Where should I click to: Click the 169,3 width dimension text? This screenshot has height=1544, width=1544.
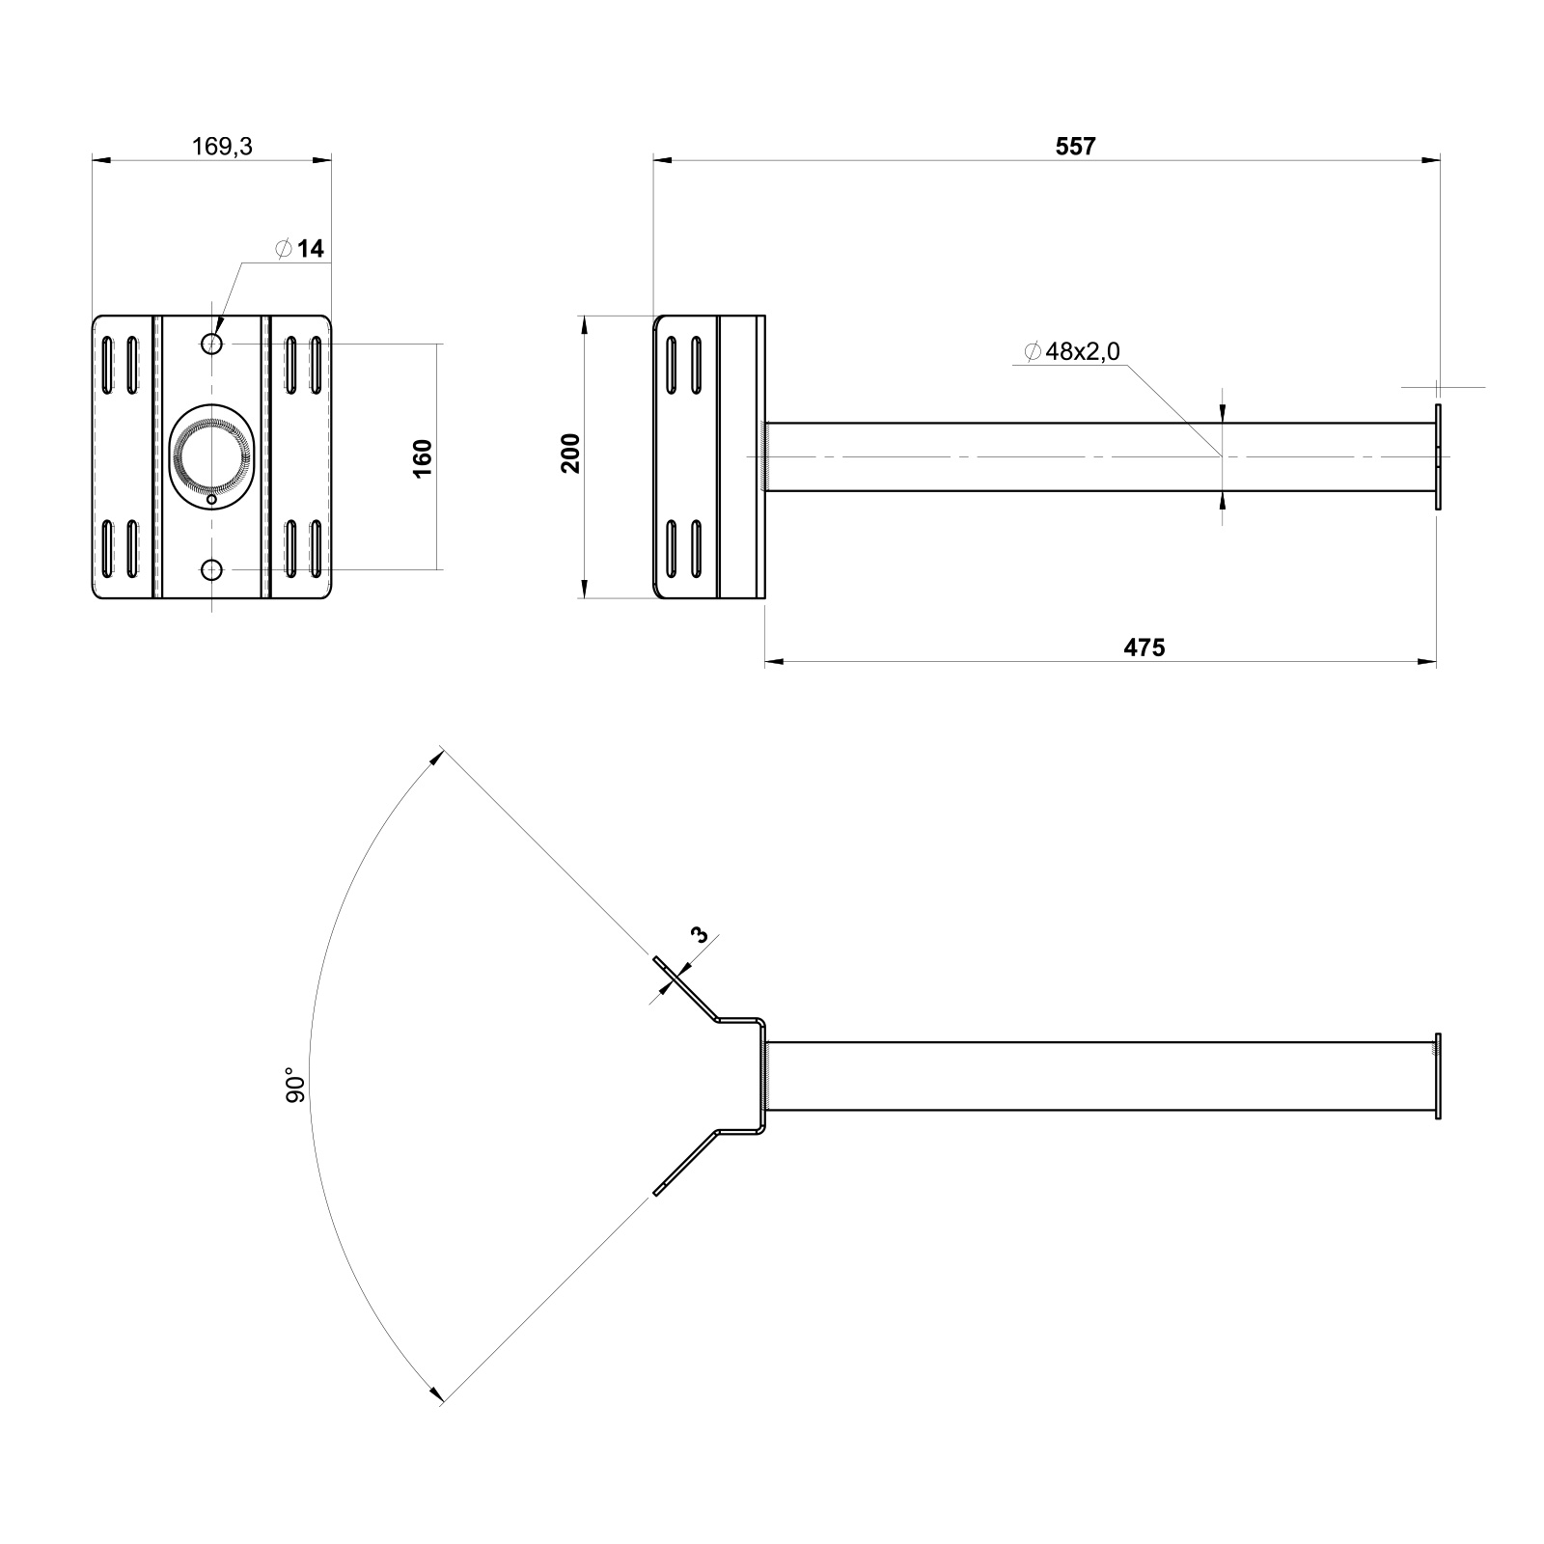point(223,147)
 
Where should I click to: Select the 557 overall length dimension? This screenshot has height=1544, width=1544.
point(1076,146)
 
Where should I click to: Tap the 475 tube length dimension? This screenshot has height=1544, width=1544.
point(1144,648)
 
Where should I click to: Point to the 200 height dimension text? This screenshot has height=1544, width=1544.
point(570,454)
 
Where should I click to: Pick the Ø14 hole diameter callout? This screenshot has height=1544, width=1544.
point(299,249)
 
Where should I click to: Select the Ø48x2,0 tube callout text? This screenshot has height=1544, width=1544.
point(1071,352)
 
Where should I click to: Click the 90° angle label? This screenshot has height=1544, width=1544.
point(296,1085)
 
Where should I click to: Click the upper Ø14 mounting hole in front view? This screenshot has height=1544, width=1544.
point(212,344)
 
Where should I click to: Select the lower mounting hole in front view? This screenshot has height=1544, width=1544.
point(212,570)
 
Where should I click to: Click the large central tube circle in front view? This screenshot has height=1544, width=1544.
point(212,454)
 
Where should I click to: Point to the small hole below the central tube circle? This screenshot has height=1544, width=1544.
point(212,500)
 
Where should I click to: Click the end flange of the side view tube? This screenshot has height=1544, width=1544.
point(1438,456)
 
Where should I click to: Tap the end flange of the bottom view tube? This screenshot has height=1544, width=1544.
point(1438,1076)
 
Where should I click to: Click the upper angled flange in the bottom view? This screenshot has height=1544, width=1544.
point(685,988)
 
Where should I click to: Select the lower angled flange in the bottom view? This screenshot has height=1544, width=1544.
point(685,1163)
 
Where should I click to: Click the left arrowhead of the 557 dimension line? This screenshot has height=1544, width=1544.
point(663,160)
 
